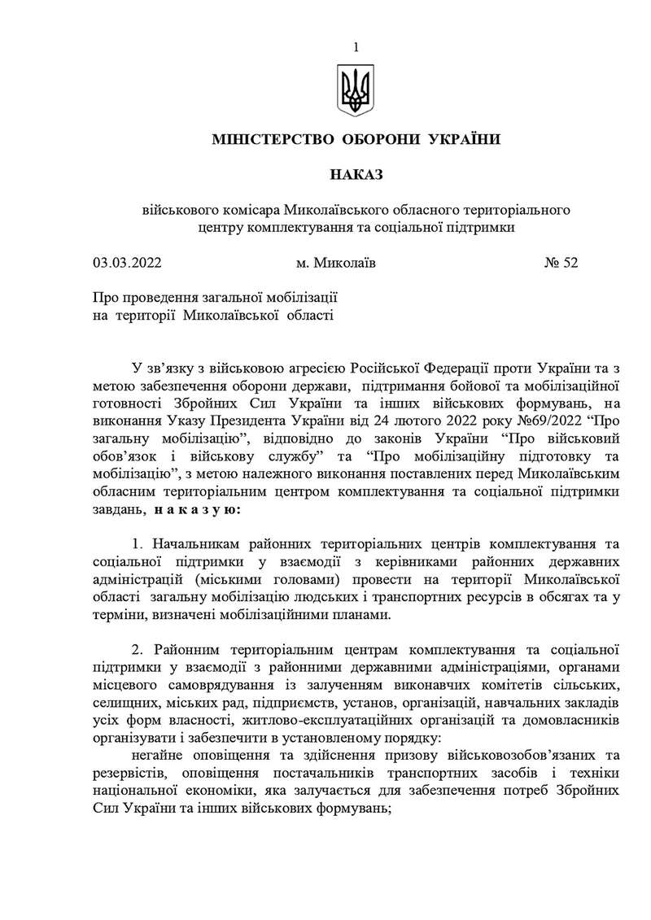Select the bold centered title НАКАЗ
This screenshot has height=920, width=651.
(356, 175)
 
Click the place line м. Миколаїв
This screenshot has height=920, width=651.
(336, 263)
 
